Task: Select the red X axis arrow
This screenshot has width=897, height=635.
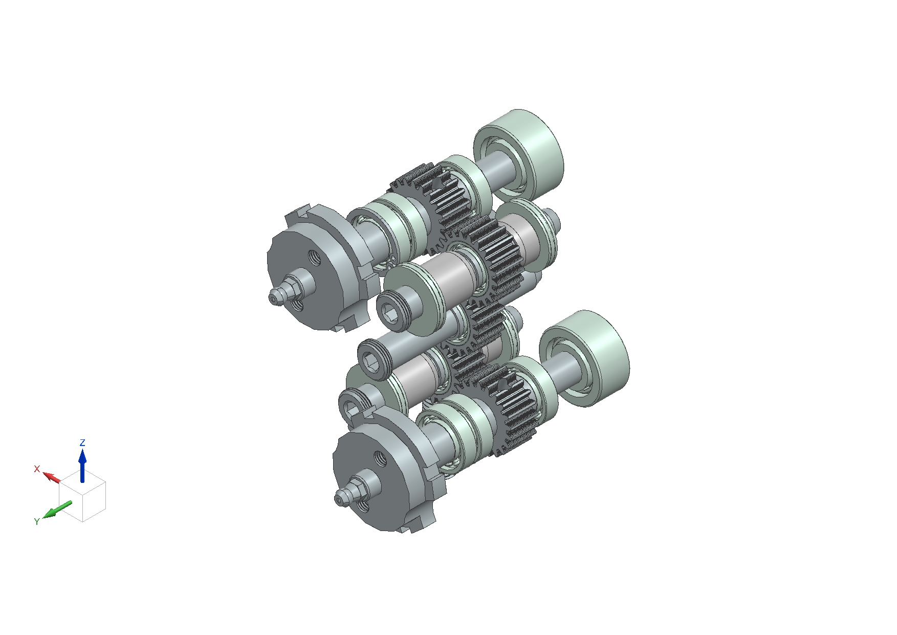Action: coord(51,477)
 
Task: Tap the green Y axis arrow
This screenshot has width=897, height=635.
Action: coord(57,510)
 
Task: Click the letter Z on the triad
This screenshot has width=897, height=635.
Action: coord(82,442)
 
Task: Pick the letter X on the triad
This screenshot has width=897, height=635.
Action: coord(37,469)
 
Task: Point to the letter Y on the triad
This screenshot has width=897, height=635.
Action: coord(37,521)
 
